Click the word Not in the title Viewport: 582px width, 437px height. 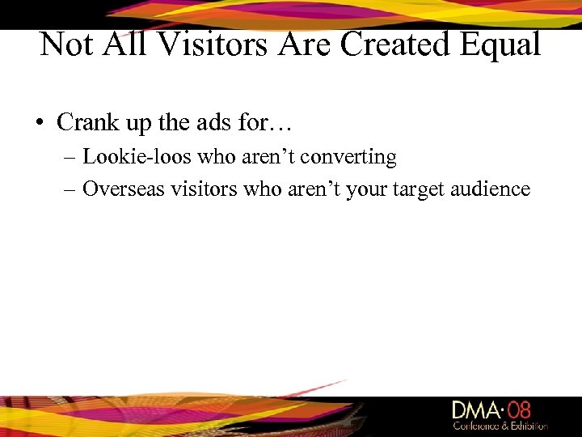tap(67, 45)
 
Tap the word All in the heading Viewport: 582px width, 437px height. tap(128, 45)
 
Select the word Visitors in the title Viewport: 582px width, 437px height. tap(214, 45)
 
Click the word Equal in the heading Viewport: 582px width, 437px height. tap(499, 45)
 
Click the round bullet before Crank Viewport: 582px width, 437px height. tap(39, 123)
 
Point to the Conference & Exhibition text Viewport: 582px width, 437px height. tap(500, 426)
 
